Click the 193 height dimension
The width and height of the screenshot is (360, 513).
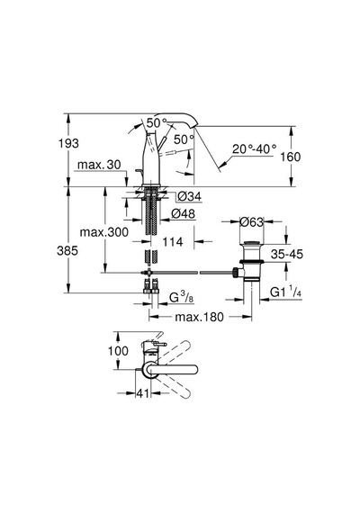point(68,143)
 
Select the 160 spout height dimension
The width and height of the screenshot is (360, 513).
point(291,157)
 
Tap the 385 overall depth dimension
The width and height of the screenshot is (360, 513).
point(67,250)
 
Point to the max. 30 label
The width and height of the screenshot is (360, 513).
point(99,165)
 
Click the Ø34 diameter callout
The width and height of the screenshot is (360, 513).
point(190,196)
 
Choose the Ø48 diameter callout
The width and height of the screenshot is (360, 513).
point(183,213)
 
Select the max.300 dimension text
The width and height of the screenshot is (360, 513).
point(104,232)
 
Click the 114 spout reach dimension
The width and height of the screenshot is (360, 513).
point(173,242)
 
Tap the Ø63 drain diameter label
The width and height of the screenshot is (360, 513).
point(251,222)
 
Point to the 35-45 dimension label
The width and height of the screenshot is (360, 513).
point(287,254)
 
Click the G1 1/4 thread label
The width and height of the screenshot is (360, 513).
point(285,292)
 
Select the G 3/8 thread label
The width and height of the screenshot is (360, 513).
point(182,297)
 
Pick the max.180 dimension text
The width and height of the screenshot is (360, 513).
point(200,317)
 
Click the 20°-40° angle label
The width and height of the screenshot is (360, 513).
point(255,149)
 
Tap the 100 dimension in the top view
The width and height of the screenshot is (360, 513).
point(118,351)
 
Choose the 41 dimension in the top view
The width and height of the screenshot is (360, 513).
point(143,393)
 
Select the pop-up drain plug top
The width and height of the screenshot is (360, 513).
point(251,242)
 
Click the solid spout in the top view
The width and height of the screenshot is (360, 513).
point(173,369)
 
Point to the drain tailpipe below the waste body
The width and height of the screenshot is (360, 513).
point(252,298)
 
